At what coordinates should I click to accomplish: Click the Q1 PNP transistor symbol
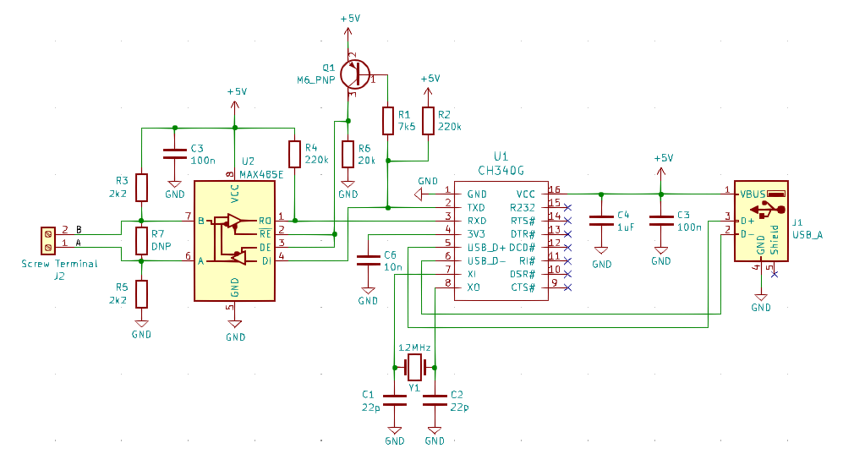click(355, 74)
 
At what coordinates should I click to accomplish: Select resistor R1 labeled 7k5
click(387, 121)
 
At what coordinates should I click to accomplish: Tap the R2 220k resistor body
click(428, 121)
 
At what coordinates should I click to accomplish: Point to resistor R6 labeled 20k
click(348, 154)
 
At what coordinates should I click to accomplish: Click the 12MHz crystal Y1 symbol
click(414, 368)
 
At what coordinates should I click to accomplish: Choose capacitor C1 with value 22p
click(394, 401)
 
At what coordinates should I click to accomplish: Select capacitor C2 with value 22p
click(435, 401)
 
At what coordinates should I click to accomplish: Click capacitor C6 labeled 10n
click(368, 260)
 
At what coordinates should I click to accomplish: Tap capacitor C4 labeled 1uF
click(601, 221)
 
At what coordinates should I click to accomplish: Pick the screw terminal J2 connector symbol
click(48, 240)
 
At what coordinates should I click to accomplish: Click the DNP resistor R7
click(141, 241)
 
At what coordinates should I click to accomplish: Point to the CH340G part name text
click(501, 171)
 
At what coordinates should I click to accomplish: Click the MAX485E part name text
click(261, 175)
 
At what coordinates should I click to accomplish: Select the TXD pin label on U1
click(476, 207)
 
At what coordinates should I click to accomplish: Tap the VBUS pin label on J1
click(753, 194)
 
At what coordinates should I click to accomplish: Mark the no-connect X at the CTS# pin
click(567, 287)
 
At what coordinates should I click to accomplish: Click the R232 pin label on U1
click(522, 207)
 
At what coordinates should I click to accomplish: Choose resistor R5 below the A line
click(141, 293)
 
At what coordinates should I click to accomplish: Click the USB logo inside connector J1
click(767, 210)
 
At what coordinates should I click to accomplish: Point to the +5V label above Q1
click(350, 19)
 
